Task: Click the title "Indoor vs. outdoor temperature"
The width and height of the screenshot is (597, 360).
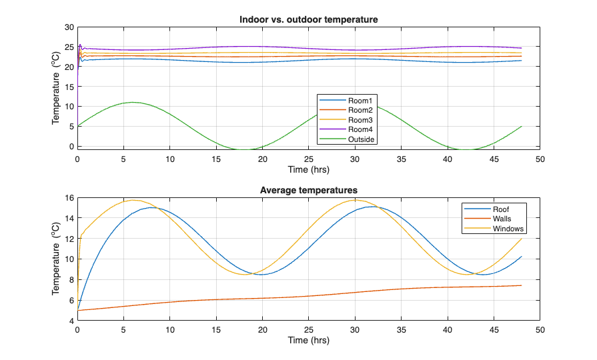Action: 309,19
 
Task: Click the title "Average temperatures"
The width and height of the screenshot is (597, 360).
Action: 309,190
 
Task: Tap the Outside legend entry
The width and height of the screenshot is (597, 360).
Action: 362,139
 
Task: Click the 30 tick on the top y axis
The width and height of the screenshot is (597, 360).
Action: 69,27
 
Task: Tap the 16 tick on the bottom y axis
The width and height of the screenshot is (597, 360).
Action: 69,198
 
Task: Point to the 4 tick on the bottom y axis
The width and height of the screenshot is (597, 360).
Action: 71,321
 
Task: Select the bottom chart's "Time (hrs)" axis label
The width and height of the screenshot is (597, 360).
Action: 309,340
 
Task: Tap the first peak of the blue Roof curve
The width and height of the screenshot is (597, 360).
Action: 153,207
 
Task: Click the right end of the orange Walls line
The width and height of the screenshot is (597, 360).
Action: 522,285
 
